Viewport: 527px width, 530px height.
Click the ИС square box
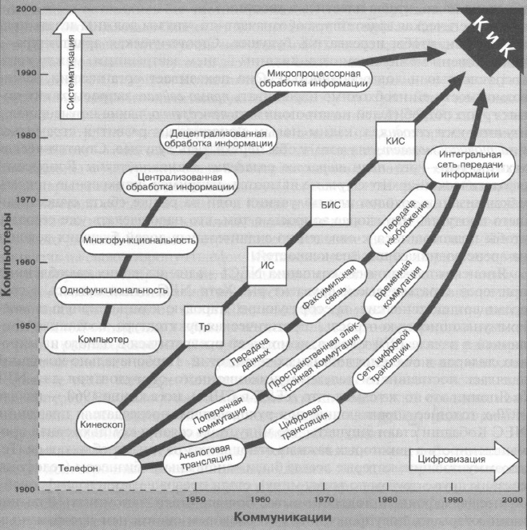pyautogui.click(x=265, y=260)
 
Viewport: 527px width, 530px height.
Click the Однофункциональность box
pyautogui.click(x=112, y=290)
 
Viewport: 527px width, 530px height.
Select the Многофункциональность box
pyautogui.click(x=140, y=239)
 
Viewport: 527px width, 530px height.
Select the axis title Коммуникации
pyautogui.click(x=272, y=516)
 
